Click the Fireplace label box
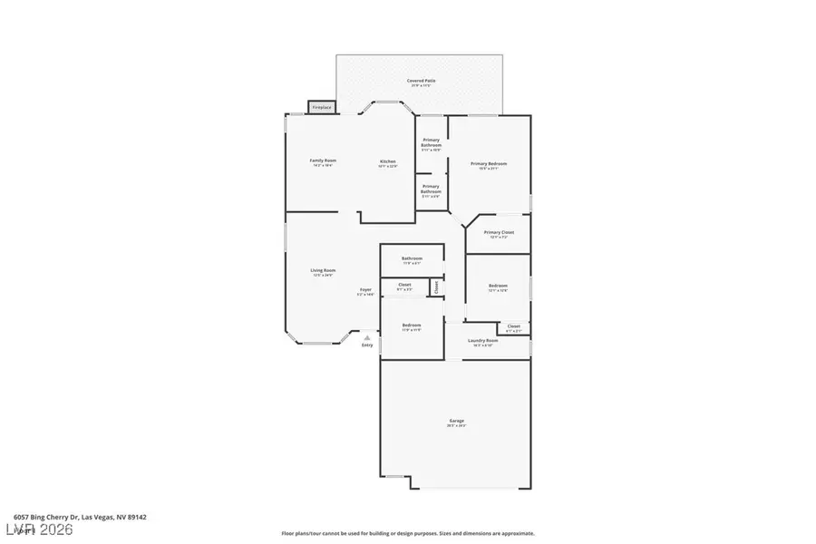[322, 107]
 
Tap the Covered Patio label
[420, 81]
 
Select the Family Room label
[324, 160]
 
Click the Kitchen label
[387, 161]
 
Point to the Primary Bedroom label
[489, 164]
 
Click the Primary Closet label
[499, 232]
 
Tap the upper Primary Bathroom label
[431, 142]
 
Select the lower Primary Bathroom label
[431, 188]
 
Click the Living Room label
[324, 270]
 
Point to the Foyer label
[365, 290]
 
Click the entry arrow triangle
[367, 337]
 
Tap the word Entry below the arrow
[367, 345]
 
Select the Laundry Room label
[483, 341]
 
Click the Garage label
[457, 421]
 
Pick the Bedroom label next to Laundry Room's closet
[499, 287]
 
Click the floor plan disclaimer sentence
[407, 533]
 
